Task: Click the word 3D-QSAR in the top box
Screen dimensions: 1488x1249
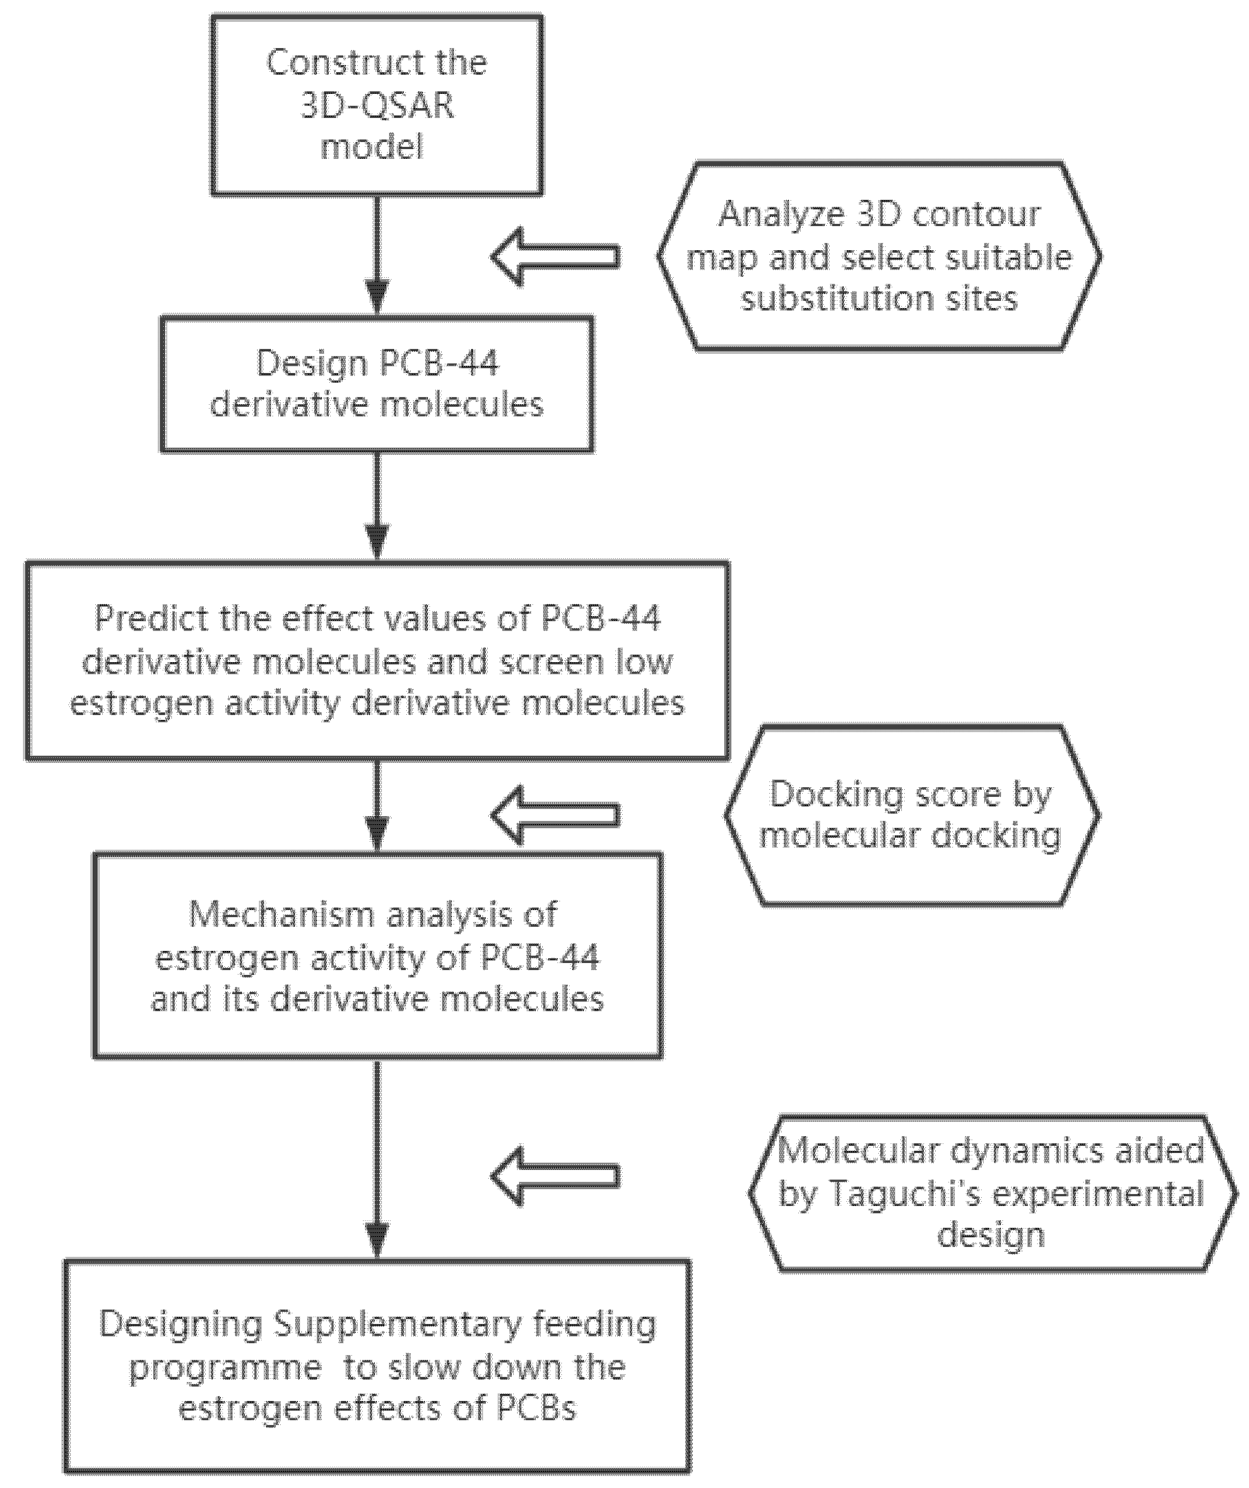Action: tap(377, 105)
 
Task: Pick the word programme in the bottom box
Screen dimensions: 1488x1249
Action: tap(225, 1368)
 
